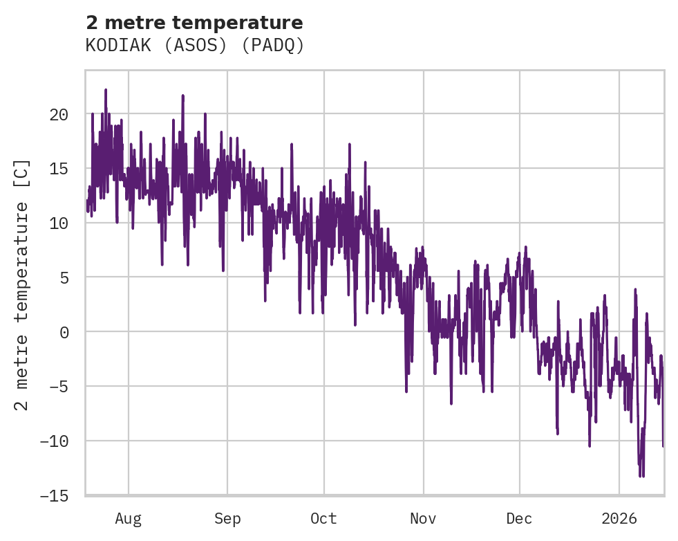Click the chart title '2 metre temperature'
point(194,23)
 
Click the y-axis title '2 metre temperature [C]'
point(22,284)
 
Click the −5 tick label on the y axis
point(59,387)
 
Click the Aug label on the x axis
point(129,519)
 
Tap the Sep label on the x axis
point(227,519)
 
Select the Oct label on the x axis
point(323,519)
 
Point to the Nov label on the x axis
point(423,519)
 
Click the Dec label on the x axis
point(519,519)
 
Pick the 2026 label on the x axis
point(619,519)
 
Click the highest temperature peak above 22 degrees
point(106,90)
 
